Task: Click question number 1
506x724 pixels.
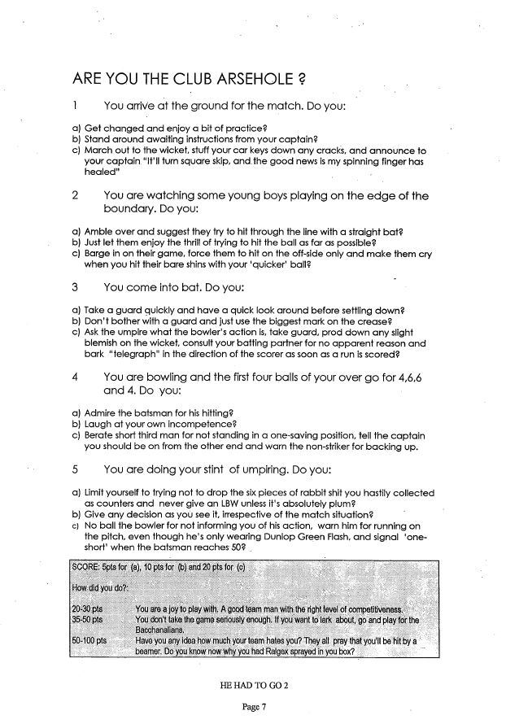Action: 75,107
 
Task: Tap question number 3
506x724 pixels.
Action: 75,288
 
